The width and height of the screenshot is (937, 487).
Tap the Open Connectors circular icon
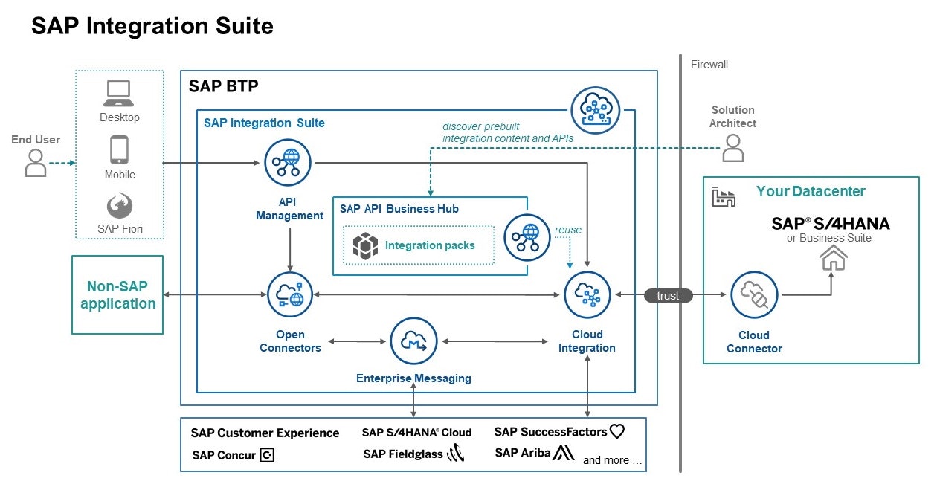pos(290,295)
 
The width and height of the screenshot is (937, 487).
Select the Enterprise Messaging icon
pos(413,341)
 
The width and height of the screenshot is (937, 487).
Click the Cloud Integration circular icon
pos(587,295)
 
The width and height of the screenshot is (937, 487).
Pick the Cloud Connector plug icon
pos(754,295)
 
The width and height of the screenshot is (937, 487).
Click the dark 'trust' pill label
pos(668,296)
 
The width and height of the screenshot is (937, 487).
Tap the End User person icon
pos(35,163)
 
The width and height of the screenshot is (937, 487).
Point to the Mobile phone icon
pos(119,149)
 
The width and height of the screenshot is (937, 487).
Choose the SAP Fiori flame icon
pos(119,206)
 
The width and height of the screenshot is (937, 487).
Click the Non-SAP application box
pos(117,295)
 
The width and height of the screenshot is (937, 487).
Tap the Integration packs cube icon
pos(365,245)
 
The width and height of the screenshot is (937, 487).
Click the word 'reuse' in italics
pos(568,230)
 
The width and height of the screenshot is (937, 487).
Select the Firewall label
pos(709,65)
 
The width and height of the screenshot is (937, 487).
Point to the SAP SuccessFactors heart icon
pos(616,431)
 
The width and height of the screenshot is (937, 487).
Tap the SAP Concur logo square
pos(267,455)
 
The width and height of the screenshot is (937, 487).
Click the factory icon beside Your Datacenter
pos(723,196)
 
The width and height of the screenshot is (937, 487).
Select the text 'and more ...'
pos(612,460)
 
